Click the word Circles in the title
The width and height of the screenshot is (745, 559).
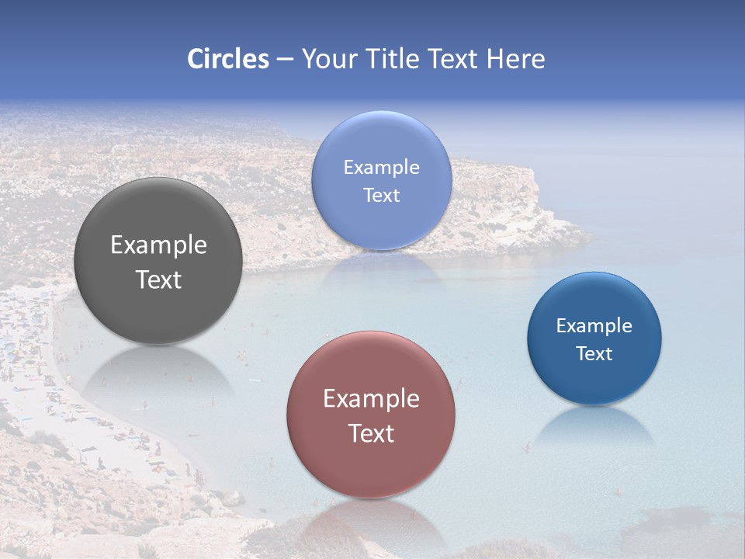(227, 59)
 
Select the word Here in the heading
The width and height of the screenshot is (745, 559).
(515, 59)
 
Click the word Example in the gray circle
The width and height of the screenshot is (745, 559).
(158, 245)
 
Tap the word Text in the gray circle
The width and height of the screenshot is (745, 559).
(158, 279)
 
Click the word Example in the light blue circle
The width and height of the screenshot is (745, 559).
(381, 168)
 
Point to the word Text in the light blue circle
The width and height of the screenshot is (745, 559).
(381, 195)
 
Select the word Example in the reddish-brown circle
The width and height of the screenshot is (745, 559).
(371, 399)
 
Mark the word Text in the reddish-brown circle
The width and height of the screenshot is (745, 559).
(371, 433)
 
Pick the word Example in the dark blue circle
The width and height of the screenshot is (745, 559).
(594, 326)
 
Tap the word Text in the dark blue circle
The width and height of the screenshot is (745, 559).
(594, 353)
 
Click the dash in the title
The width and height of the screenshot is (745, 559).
(284, 59)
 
